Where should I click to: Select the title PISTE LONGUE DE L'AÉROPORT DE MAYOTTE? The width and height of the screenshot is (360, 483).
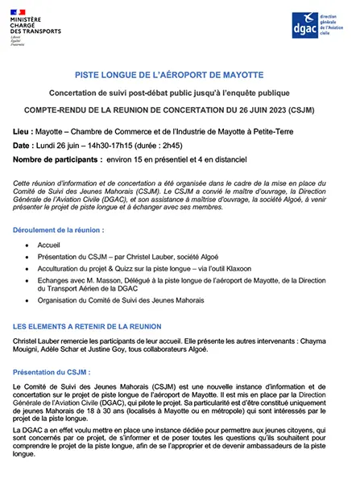tap(179, 72)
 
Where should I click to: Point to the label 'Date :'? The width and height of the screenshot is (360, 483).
tap(25, 145)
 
